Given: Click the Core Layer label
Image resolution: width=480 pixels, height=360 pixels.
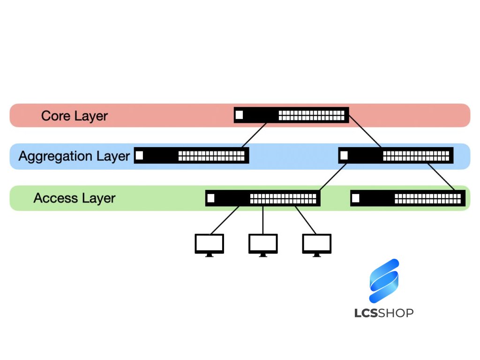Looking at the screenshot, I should pos(75,116).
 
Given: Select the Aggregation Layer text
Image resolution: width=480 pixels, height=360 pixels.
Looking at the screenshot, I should pos(74,156).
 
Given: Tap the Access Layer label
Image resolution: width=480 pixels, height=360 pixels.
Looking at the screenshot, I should pos(75,198).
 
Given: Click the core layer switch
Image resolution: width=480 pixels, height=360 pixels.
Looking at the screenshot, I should pos(291,115).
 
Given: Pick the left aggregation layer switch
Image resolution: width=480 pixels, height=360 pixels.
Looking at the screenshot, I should pos(191,156).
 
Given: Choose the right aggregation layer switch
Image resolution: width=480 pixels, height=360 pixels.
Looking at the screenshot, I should pos(396,156).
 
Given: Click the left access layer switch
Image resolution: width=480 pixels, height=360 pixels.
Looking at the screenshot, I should pos(262,198).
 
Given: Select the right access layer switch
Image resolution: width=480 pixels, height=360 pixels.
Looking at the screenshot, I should pos(408,198).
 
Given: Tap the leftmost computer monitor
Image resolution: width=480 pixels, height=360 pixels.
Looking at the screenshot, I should pos(209,244).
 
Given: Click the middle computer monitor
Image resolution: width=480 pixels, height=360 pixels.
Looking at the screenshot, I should pos(263,244).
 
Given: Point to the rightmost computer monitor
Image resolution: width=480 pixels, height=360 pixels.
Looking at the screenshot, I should pos(317,244).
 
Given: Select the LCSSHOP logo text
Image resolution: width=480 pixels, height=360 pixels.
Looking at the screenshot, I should pos(384,313).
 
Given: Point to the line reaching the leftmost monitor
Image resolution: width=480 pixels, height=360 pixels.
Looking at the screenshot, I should pos(225,220).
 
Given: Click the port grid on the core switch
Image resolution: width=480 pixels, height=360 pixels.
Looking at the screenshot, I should pos(312,115).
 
